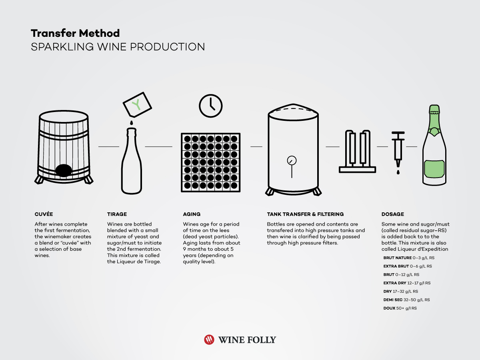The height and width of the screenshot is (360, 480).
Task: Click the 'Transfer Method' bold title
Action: [x=75, y=33]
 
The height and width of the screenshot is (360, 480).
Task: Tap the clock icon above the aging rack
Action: [x=210, y=106]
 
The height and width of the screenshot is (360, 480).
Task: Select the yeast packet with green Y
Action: [x=137, y=104]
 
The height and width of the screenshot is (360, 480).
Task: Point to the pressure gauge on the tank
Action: [x=292, y=161]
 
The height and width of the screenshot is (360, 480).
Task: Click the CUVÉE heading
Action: [x=44, y=214]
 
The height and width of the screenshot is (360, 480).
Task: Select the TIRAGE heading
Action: [x=117, y=214]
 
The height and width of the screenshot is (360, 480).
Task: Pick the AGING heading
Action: [x=192, y=214]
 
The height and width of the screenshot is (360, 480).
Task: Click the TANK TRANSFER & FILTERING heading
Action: [x=305, y=214]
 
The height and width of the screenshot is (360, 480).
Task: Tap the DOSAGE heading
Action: [x=392, y=214]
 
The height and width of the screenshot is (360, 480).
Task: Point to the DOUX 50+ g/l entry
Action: [x=400, y=308]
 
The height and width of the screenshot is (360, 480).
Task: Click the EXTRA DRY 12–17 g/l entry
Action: [x=407, y=283]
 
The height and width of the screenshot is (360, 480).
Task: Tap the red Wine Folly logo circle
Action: [x=209, y=340]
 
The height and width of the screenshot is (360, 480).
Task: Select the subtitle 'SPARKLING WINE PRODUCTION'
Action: [x=118, y=47]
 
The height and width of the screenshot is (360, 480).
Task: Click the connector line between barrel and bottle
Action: [x=108, y=147]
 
